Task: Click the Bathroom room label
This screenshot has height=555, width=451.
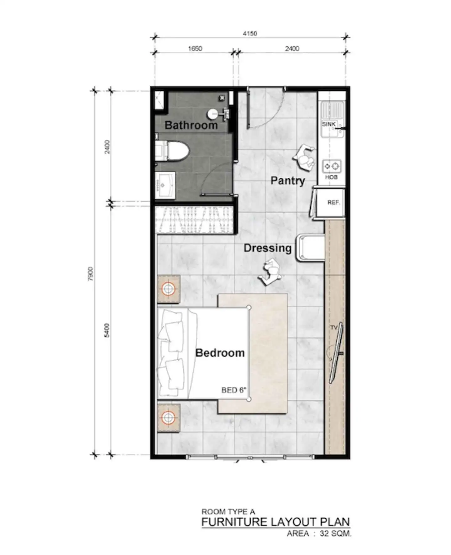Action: (191, 125)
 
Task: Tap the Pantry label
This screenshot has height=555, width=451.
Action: (288, 181)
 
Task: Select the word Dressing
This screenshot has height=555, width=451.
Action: (267, 248)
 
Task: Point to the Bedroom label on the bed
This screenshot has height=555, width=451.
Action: (220, 353)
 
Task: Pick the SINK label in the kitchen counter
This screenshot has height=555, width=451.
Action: (329, 124)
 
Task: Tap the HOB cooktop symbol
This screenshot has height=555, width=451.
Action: (332, 166)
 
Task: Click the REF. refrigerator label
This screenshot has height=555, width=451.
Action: (334, 203)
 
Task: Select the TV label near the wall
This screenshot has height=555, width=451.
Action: (334, 328)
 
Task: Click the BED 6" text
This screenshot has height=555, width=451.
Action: (234, 390)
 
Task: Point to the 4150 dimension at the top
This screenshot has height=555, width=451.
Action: (250, 33)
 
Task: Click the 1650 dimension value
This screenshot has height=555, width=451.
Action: (195, 49)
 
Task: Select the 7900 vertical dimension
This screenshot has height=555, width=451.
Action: (91, 274)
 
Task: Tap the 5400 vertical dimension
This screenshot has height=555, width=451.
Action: (107, 330)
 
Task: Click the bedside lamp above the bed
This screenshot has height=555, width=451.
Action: (168, 289)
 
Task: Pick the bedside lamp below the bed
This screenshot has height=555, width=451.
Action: (168, 418)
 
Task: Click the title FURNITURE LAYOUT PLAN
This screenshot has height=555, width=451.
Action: (276, 522)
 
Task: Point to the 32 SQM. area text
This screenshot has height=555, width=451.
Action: (335, 533)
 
